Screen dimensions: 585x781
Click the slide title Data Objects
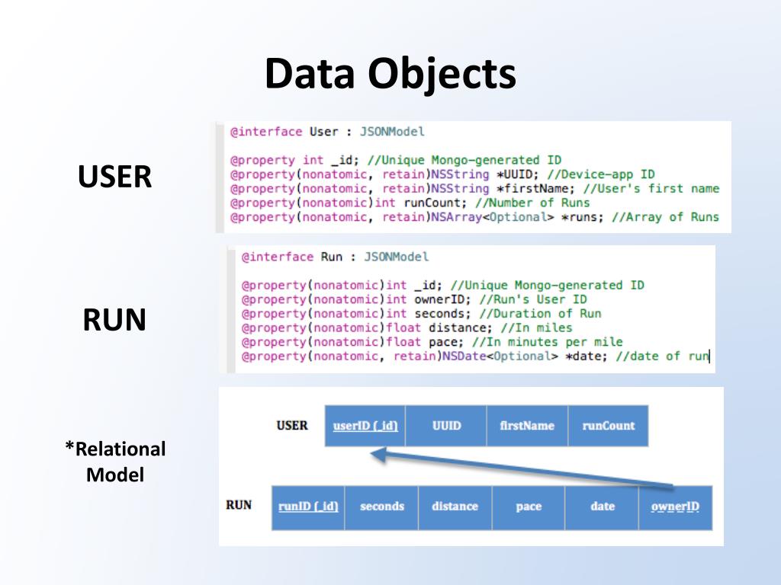click(x=390, y=75)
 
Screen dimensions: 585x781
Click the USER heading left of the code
click(x=114, y=177)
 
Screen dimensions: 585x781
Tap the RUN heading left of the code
click(x=114, y=321)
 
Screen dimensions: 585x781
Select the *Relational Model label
click(x=115, y=462)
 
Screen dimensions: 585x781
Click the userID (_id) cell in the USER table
click(x=365, y=426)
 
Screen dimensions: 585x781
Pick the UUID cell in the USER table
click(x=446, y=426)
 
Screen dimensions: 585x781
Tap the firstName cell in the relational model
click(x=527, y=426)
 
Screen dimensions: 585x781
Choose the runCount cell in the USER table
click(x=608, y=426)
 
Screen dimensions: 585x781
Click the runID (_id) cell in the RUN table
click(x=308, y=507)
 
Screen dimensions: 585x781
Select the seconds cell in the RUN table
click(x=381, y=507)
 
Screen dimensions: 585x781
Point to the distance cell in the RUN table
click(x=455, y=507)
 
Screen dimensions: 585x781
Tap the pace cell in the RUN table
click(x=529, y=507)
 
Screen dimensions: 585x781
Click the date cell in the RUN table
click(x=602, y=507)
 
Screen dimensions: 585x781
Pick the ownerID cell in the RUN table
click(x=675, y=507)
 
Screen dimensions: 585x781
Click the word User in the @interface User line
click(x=323, y=132)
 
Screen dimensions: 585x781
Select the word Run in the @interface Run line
click(x=332, y=257)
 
